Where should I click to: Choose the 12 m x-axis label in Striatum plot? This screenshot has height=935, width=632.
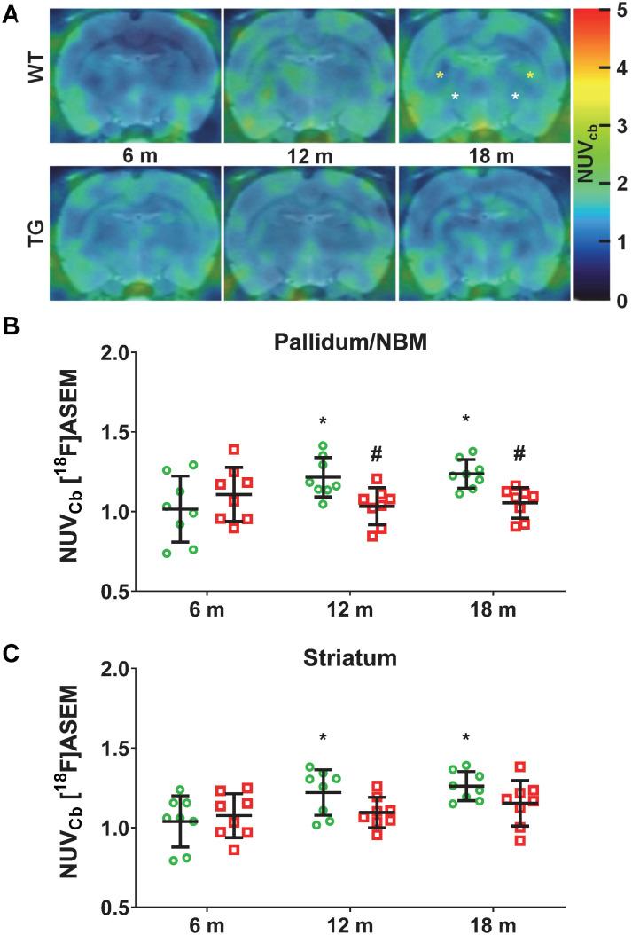tap(348, 925)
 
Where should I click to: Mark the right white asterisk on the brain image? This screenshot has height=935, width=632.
tap(515, 98)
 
